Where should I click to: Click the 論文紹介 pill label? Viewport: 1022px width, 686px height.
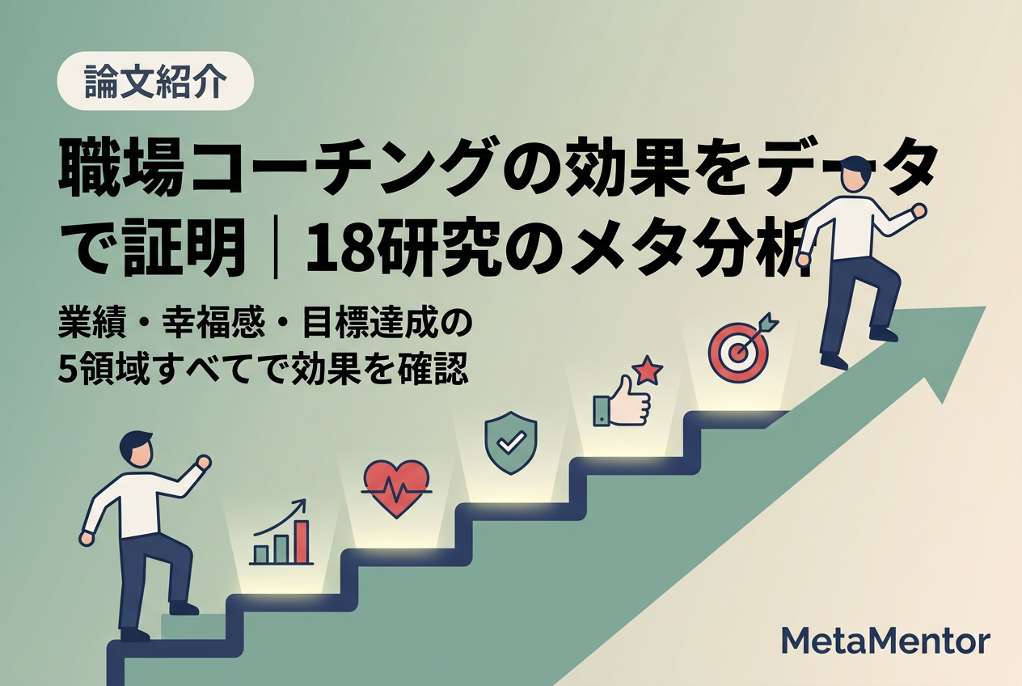155,81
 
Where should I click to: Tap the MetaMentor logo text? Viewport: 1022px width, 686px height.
885,642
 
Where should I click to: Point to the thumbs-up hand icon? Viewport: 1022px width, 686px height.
622,402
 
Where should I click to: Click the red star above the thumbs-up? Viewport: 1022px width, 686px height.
647,371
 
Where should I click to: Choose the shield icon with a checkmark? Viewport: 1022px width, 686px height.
510,443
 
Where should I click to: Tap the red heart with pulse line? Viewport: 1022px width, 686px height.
396,489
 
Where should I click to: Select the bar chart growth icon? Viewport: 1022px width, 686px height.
281,531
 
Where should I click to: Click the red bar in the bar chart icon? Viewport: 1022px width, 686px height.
302,542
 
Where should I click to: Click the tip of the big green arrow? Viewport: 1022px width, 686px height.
986,307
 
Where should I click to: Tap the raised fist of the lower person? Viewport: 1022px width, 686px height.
203,463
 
